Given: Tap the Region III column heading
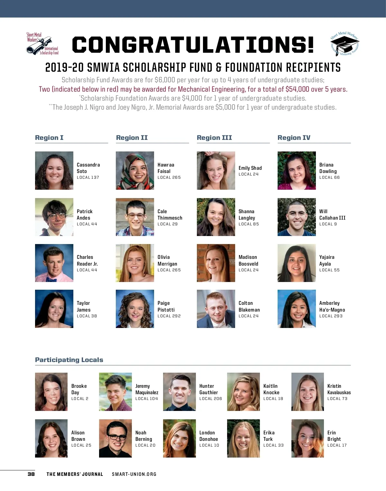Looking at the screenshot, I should (x=214, y=138).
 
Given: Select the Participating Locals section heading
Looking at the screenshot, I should (x=69, y=360).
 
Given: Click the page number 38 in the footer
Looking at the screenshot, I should (x=31, y=474).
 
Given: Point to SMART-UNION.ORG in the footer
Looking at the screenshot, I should (x=134, y=474).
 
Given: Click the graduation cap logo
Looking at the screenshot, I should (x=345, y=44).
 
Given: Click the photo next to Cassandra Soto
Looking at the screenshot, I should (x=54, y=170).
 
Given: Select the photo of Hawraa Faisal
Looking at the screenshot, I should (x=135, y=170).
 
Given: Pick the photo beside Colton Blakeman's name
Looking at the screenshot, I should (x=216, y=309).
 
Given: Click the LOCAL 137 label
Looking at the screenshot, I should (x=88, y=177).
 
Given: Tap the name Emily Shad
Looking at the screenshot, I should (x=250, y=168).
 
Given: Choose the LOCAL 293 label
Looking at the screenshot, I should (x=331, y=316).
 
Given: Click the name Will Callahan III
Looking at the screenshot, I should (x=332, y=214).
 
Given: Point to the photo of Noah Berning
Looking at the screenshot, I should (x=115, y=438).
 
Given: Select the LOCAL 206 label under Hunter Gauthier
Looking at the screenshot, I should (x=211, y=399).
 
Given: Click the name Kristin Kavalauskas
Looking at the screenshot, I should (x=339, y=389).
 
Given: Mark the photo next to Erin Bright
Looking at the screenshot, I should (x=308, y=438).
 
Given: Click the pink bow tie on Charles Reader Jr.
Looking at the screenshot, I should (x=51, y=279).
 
